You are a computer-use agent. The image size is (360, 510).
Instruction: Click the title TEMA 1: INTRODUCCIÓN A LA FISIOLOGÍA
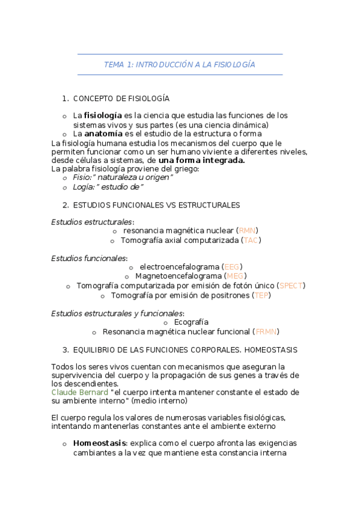pos(180,64)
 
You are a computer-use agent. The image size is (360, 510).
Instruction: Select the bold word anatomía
pos(103,134)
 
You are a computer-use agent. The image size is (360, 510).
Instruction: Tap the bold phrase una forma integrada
pos(201,161)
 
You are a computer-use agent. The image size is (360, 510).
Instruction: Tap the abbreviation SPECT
pos(292,286)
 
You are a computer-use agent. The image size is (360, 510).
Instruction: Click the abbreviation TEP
pos(261,295)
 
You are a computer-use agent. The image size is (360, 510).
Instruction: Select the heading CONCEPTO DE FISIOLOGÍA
pos(121,98)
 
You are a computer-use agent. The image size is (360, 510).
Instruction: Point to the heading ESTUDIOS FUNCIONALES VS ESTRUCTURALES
pos(156,205)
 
